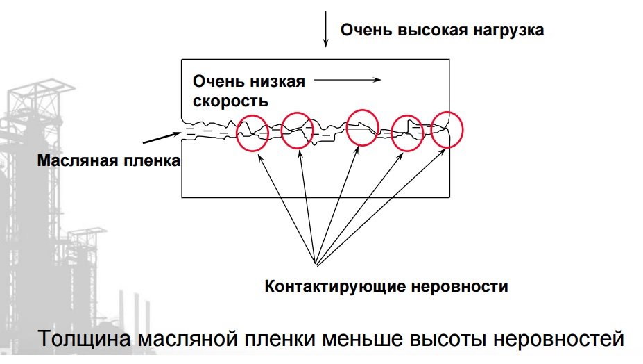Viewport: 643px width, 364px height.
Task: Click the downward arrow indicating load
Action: pyautogui.click(x=326, y=29)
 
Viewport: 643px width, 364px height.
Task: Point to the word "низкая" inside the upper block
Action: pyautogui.click(x=277, y=81)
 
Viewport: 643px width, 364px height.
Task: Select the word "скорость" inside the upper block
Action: pyautogui.click(x=230, y=101)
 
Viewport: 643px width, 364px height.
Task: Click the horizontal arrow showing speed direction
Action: pyautogui.click(x=348, y=80)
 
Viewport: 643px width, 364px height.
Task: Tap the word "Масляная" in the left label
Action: pyautogui.click(x=75, y=160)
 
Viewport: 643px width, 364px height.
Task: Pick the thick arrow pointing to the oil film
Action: pyautogui.click(x=162, y=138)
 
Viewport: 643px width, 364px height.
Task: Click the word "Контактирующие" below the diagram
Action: pyautogui.click(x=335, y=286)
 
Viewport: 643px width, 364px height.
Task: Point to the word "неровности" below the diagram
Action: pyautogui.click(x=459, y=286)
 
